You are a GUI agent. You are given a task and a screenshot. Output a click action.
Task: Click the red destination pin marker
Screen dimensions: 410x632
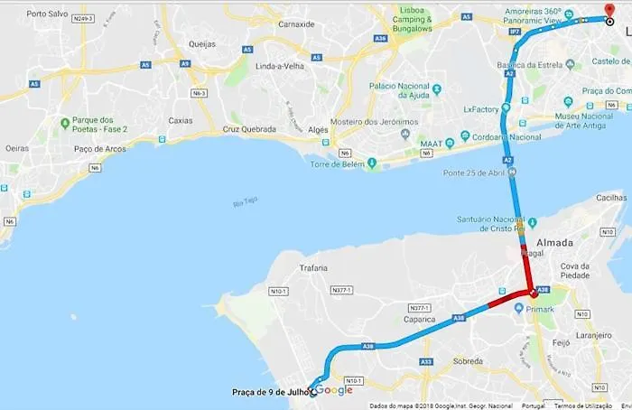point(609,10)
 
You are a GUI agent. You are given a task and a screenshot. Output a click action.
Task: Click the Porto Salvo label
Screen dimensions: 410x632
point(47,14)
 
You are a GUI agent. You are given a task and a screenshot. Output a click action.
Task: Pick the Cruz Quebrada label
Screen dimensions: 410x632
point(249,129)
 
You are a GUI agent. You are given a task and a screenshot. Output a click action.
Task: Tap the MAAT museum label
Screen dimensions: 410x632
point(431,144)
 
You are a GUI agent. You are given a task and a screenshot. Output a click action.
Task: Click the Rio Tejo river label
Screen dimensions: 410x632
point(245,203)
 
